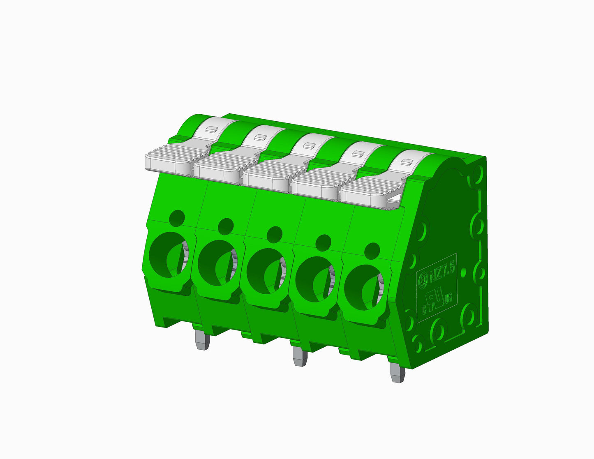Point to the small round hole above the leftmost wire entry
177,217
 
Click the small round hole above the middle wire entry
274,234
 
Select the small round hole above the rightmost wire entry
372,250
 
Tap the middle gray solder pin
300,356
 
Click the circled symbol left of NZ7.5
423,281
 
